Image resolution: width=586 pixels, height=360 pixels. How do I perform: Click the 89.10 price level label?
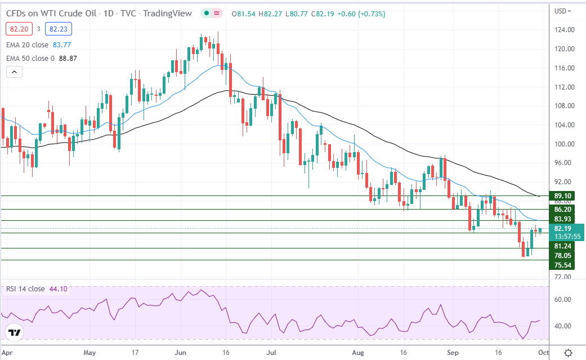pyautogui.click(x=562, y=196)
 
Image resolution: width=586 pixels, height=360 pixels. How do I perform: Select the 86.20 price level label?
pyautogui.click(x=562, y=208)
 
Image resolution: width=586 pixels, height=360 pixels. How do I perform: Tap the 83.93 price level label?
pyautogui.click(x=562, y=219)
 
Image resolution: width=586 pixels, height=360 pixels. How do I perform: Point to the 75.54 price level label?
pyautogui.click(x=562, y=265)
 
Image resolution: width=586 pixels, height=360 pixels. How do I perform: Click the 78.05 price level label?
pyautogui.click(x=562, y=255)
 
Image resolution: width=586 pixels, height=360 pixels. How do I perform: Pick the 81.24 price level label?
pyautogui.click(x=562, y=246)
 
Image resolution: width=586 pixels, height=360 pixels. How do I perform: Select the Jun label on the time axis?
pyautogui.click(x=181, y=353)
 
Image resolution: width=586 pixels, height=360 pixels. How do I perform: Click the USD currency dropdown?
pyautogui.click(x=562, y=11)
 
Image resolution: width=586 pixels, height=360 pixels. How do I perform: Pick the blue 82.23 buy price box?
pyautogui.click(x=57, y=28)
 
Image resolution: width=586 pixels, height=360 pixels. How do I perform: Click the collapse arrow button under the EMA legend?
pyautogui.click(x=14, y=72)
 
